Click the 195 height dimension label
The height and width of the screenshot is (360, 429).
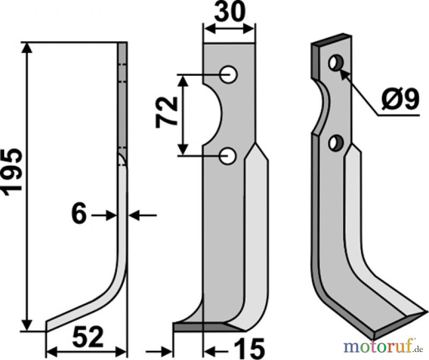[11, 172]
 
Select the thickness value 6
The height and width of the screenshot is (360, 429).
[79, 215]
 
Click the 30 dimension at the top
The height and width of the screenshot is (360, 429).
[230, 12]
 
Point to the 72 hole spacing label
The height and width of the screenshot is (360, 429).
[166, 112]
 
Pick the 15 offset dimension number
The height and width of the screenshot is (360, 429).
[249, 348]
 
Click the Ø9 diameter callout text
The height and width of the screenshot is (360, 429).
[400, 99]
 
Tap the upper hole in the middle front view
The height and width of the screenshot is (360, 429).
[228, 74]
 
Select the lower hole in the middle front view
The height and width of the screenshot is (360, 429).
[228, 156]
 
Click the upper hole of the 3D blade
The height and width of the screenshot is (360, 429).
[336, 63]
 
